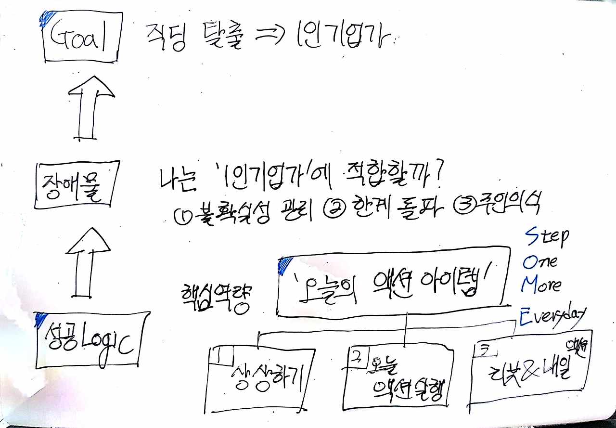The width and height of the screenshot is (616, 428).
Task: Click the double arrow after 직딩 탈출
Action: pos(269,39)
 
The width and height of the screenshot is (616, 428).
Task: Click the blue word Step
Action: pos(546,237)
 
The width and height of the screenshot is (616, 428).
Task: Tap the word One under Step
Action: pos(539,261)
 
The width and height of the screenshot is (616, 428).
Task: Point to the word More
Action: pos(541,285)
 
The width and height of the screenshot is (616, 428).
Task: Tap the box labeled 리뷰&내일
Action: pos(529,368)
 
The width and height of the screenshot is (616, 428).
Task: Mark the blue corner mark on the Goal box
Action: pos(46,20)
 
